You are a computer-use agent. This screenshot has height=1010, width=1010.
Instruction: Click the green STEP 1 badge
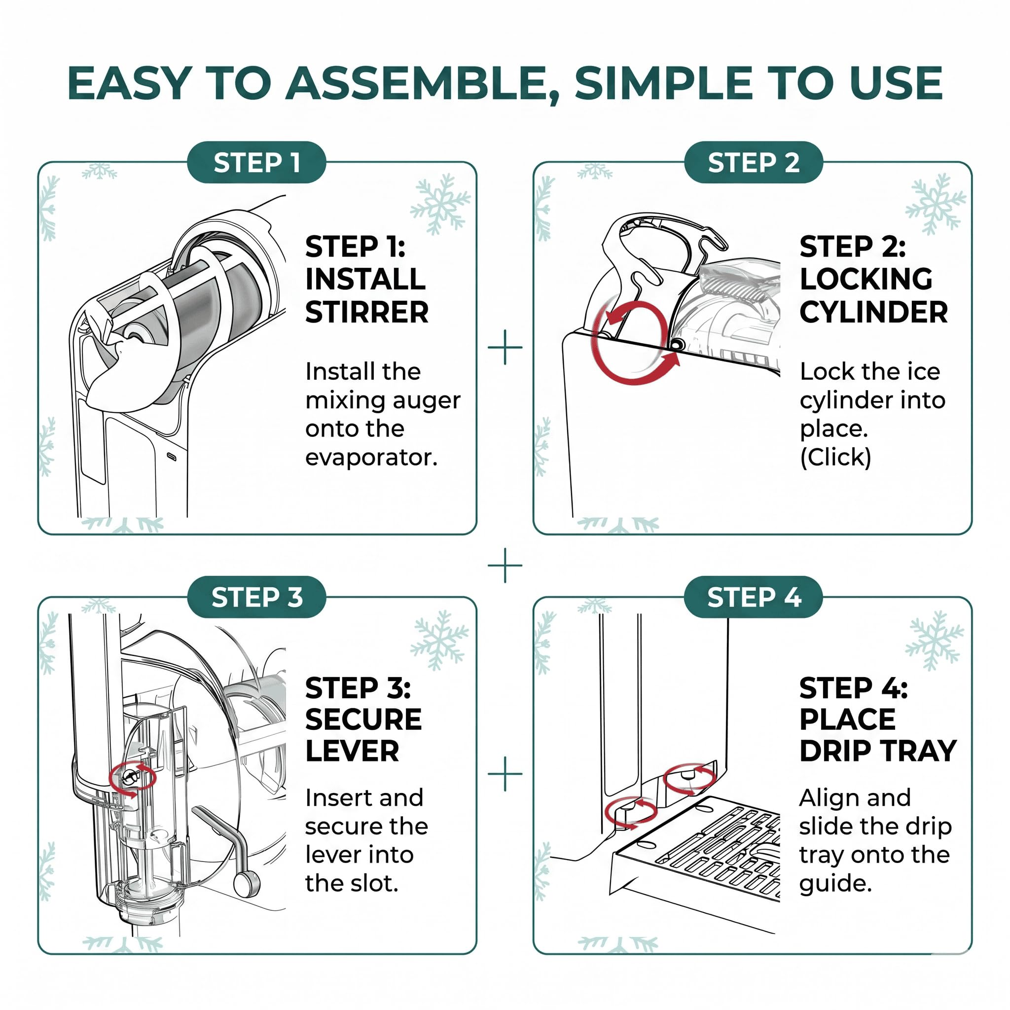(256, 162)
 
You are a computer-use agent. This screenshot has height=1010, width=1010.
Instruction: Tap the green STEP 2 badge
(754, 162)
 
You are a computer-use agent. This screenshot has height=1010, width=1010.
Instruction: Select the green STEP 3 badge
(256, 597)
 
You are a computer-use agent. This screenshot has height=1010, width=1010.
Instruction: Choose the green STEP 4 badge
(754, 597)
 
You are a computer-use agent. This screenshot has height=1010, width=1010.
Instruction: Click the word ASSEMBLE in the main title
(423, 84)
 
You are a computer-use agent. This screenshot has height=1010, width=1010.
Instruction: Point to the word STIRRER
(367, 313)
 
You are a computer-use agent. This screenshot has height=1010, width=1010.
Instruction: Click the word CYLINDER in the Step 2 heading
(873, 313)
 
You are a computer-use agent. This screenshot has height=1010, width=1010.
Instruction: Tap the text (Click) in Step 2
(835, 458)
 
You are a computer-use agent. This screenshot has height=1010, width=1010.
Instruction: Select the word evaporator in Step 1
(371, 458)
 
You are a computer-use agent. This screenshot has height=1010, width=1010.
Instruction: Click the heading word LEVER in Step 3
(352, 751)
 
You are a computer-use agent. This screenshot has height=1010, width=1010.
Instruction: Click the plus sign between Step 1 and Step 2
(505, 347)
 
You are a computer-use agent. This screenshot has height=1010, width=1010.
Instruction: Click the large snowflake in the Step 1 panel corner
(440, 204)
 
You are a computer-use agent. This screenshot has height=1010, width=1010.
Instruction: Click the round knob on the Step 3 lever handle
(247, 883)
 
